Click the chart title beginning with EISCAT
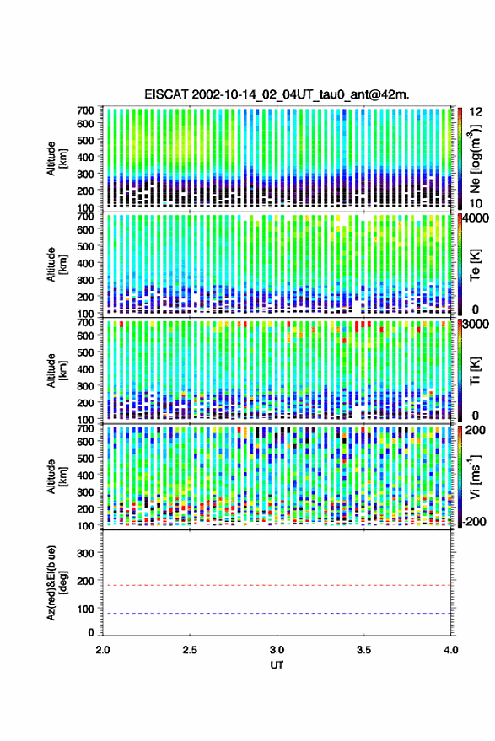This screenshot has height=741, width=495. (277, 94)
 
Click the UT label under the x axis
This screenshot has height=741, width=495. (277, 665)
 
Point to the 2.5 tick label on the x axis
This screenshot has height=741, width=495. (190, 650)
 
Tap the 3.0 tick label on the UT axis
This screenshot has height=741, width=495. (277, 650)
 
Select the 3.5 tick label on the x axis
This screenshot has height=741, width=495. (363, 650)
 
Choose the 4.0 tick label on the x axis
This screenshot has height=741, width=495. (451, 650)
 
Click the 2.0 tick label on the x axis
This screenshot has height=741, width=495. (103, 650)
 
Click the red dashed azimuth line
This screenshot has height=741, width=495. (277, 586)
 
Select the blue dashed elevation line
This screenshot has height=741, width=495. (277, 614)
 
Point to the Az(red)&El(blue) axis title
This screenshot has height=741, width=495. (56, 583)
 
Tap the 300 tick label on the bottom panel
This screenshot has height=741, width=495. (85, 553)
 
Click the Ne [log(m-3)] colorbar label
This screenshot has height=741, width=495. (476, 158)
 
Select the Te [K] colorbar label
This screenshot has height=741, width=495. (475, 265)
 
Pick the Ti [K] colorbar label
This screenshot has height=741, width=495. (475, 371)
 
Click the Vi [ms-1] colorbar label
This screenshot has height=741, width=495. (475, 476)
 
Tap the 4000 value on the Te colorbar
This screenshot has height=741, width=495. (475, 219)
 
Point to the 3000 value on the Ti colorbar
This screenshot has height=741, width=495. (475, 325)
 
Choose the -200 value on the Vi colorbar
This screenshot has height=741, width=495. (474, 521)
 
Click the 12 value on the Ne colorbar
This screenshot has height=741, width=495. (476, 112)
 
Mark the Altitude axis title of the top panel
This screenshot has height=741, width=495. (56, 158)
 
